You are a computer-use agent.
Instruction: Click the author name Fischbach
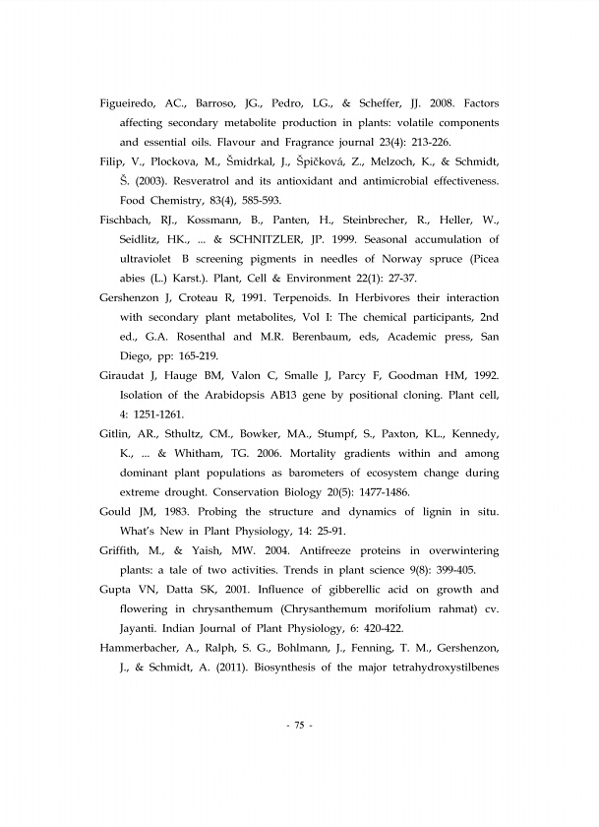point(129,220)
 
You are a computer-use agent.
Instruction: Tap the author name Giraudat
point(127,375)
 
